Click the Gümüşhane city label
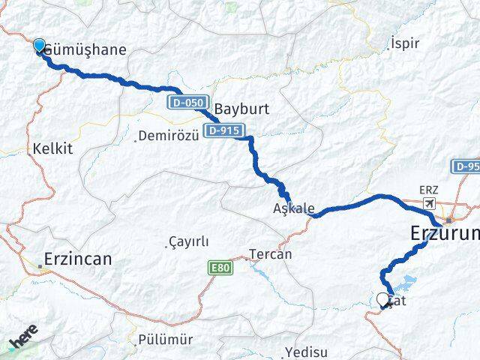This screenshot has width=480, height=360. pos(85,50)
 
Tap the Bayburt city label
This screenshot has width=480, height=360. pos(241,108)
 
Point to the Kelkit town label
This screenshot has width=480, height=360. pos(52,148)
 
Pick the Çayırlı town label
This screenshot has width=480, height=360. pos(188,241)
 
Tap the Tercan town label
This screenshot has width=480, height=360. pos(270,254)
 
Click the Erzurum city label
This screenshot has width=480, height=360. pos(445,235)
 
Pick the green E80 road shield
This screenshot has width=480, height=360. pos(220,268)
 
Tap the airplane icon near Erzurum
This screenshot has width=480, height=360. pos(429,203)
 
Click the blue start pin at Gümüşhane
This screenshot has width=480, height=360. pos(39,46)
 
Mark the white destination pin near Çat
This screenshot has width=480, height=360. pos(383,300)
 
